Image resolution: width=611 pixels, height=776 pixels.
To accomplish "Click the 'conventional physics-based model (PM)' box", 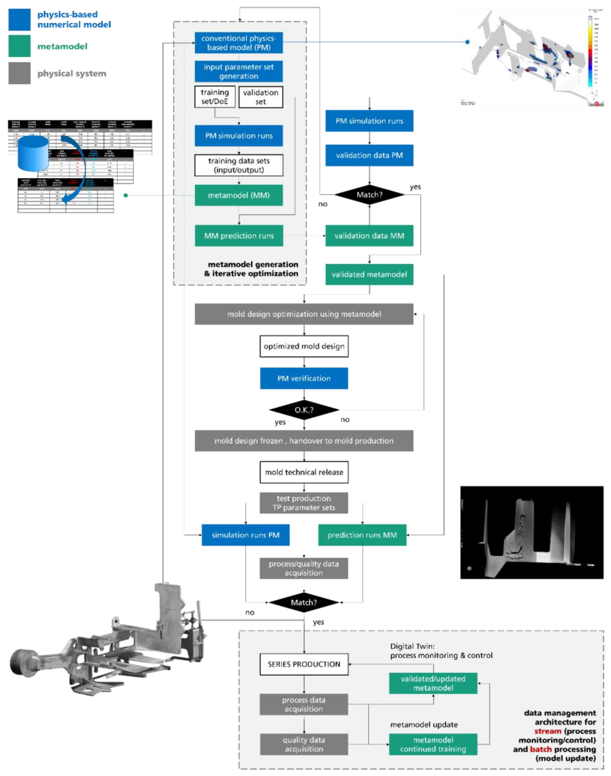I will (x=239, y=43).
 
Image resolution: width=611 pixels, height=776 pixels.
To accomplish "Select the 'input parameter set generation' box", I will (x=239, y=71).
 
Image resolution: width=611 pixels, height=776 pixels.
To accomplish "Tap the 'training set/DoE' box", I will (x=215, y=97).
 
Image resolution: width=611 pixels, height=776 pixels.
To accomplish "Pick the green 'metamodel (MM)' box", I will (x=239, y=195).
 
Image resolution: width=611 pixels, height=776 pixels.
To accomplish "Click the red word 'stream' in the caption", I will (x=548, y=731).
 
